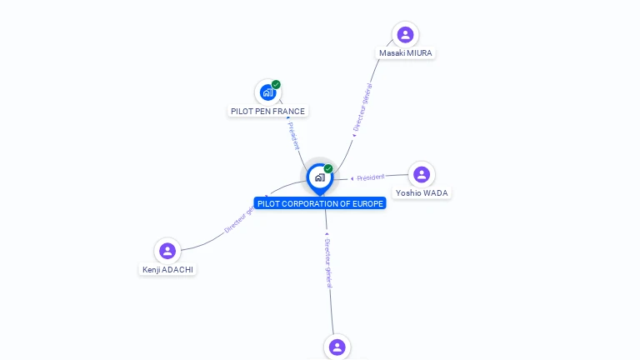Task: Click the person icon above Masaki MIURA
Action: [405, 34]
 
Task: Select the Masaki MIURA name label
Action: [406, 53]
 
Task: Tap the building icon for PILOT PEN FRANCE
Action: [267, 92]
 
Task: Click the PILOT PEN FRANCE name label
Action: [267, 111]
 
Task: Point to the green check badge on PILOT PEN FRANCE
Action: [276, 84]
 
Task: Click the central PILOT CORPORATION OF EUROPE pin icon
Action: [319, 177]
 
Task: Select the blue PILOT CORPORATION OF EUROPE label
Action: [320, 203]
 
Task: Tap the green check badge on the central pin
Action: [328, 169]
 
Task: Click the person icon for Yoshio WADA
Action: [422, 174]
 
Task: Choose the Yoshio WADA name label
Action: [422, 193]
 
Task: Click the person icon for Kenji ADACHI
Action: [167, 251]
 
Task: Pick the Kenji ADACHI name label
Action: [167, 270]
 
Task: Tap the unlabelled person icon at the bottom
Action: [337, 347]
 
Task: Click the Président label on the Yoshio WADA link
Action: [371, 177]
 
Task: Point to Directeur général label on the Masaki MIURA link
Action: [362, 107]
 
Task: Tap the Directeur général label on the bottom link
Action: [328, 262]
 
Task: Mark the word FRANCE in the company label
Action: [289, 111]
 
